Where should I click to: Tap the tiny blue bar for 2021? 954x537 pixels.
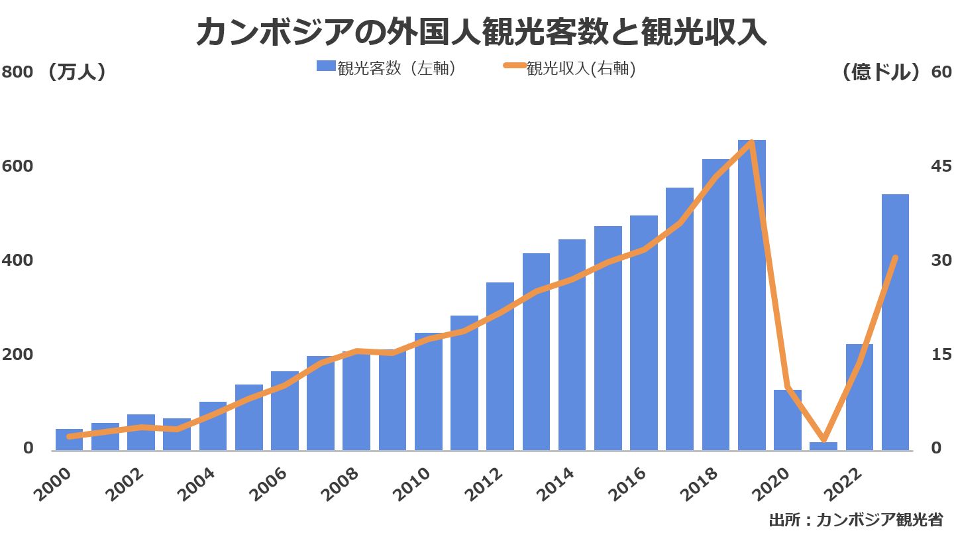click(x=823, y=446)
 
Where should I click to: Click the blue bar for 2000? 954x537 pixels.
click(x=69, y=440)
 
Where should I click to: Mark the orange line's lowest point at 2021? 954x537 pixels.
click(x=823, y=440)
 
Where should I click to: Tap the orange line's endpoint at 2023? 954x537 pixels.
click(x=895, y=258)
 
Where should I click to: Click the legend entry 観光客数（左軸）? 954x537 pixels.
click(x=386, y=68)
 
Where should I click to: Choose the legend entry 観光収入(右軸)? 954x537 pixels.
click(x=570, y=68)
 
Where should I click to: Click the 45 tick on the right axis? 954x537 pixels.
click(x=941, y=166)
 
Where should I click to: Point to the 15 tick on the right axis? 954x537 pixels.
click(x=941, y=355)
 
